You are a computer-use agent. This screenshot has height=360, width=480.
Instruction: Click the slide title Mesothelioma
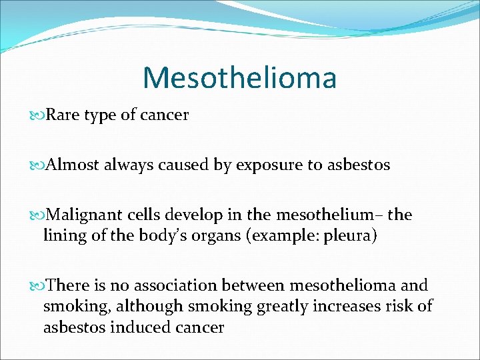pyautogui.click(x=239, y=77)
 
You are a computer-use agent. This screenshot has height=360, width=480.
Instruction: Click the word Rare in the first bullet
pyautogui.click(x=60, y=115)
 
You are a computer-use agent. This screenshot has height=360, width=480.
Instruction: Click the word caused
pyautogui.click(x=184, y=165)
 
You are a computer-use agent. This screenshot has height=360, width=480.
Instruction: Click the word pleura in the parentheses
pyautogui.click(x=351, y=235)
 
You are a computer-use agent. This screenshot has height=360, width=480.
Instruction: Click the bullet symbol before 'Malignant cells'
pyautogui.click(x=37, y=216)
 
